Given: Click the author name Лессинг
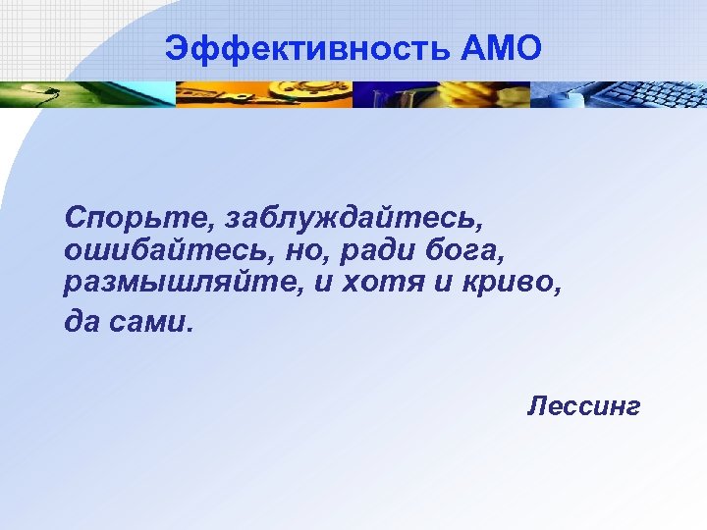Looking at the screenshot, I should coord(583,405).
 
